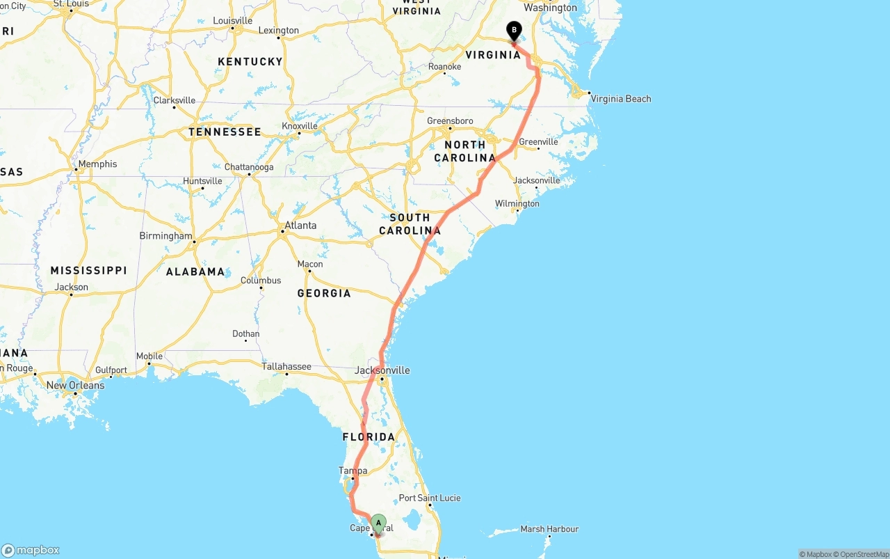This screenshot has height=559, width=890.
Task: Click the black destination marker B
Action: (x=514, y=31)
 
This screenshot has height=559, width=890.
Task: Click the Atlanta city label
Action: (x=300, y=225)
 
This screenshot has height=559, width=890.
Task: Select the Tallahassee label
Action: (x=286, y=366)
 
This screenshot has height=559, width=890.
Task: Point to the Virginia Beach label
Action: (x=620, y=99)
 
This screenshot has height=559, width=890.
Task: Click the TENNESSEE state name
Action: (x=225, y=132)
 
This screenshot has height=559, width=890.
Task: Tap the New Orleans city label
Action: (x=75, y=385)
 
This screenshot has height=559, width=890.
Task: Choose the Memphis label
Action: (x=97, y=164)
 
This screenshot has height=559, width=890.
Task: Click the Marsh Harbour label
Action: (x=549, y=529)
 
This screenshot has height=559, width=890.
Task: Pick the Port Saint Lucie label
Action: (x=429, y=498)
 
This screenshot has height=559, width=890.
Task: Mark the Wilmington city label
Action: (x=517, y=203)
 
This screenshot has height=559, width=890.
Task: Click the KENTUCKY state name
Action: (x=250, y=61)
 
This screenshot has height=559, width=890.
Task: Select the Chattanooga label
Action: (x=249, y=167)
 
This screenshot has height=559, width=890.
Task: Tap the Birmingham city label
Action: (x=165, y=236)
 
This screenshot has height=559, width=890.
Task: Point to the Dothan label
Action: (x=245, y=334)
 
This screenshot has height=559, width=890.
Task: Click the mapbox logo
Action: (x=31, y=550)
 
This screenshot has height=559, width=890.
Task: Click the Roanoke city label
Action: (x=445, y=67)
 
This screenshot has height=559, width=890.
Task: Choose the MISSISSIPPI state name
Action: (x=88, y=270)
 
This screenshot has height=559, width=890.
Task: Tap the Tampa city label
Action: (x=353, y=471)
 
